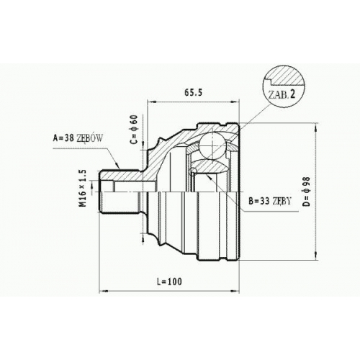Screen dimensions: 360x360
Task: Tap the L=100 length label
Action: point(169,282)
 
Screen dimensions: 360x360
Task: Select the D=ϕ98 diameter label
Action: point(307,192)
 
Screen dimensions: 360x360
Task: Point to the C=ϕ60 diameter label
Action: point(135,130)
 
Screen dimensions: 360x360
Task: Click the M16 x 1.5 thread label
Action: point(83,188)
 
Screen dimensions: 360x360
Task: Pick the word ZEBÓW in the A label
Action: point(89,138)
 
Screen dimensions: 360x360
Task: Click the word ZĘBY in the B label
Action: point(282,201)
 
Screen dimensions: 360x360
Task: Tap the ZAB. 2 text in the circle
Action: point(282,95)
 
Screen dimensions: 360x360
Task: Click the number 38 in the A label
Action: point(68,138)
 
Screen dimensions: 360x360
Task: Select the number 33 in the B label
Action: point(264,201)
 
